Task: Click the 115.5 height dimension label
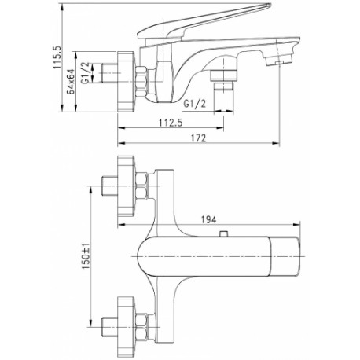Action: (57, 57)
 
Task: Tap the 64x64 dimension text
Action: (71, 82)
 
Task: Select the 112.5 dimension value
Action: (171, 123)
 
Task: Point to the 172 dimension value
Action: (198, 138)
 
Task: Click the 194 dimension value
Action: (208, 219)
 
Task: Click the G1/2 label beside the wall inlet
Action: (86, 73)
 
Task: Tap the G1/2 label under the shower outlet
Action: (194, 104)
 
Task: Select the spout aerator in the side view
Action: (278, 61)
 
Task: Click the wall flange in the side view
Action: (126, 81)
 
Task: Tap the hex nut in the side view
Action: (141, 82)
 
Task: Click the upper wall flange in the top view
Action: (126, 186)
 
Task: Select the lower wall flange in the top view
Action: (126, 327)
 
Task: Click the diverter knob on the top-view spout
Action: (223, 233)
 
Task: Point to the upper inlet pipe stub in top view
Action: (109, 186)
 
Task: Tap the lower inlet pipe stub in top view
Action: (109, 327)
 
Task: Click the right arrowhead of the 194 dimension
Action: (296, 224)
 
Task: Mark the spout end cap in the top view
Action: (285, 256)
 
